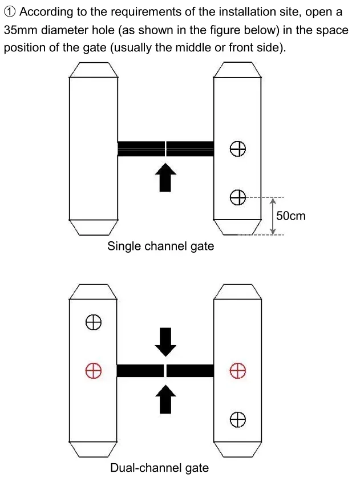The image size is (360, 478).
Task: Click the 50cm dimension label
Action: [x=290, y=216]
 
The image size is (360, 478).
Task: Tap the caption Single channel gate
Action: [x=161, y=246]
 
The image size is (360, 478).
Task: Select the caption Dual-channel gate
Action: [x=159, y=468]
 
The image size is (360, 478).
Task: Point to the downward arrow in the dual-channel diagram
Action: [x=165, y=341]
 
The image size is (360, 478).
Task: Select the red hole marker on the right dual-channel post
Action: [x=237, y=371]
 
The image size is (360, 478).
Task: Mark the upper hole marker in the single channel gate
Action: [x=238, y=149]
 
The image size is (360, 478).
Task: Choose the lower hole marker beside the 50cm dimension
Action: [x=238, y=198]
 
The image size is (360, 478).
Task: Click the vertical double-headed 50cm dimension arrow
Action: [x=273, y=216]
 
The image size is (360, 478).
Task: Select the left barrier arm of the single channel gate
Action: [x=141, y=148]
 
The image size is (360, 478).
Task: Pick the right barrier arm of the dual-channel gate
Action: [x=190, y=370]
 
